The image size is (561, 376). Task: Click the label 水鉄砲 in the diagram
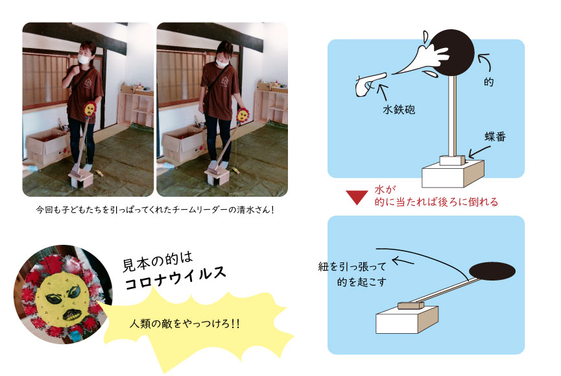pyautogui.click(x=399, y=109)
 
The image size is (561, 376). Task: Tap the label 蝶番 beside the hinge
pyautogui.click(x=495, y=136)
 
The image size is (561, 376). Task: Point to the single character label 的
pyautogui.click(x=489, y=82)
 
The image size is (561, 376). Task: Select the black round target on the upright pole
pyautogui.click(x=451, y=53)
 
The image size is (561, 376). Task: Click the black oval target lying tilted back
pyautogui.click(x=492, y=271)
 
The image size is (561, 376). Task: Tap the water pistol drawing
pyautogui.click(x=370, y=84)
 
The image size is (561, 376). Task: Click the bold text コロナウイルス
pyautogui.click(x=175, y=278)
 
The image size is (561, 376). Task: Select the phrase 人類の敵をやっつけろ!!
pyautogui.click(x=185, y=323)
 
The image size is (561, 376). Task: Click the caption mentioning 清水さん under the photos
pyautogui.click(x=155, y=210)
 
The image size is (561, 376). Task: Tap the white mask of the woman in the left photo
pyautogui.click(x=84, y=59)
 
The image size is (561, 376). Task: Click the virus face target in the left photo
pyautogui.click(x=90, y=109)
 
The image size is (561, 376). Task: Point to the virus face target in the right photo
pyautogui.click(x=243, y=115)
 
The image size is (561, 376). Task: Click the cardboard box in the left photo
pyautogui.click(x=47, y=146)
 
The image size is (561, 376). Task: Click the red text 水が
pyautogui.click(x=385, y=189)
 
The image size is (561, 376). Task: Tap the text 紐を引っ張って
pyautogui.click(x=352, y=266)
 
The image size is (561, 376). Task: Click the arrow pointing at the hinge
pyautogui.click(x=479, y=151)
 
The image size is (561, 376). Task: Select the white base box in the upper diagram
pyautogui.click(x=453, y=173)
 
